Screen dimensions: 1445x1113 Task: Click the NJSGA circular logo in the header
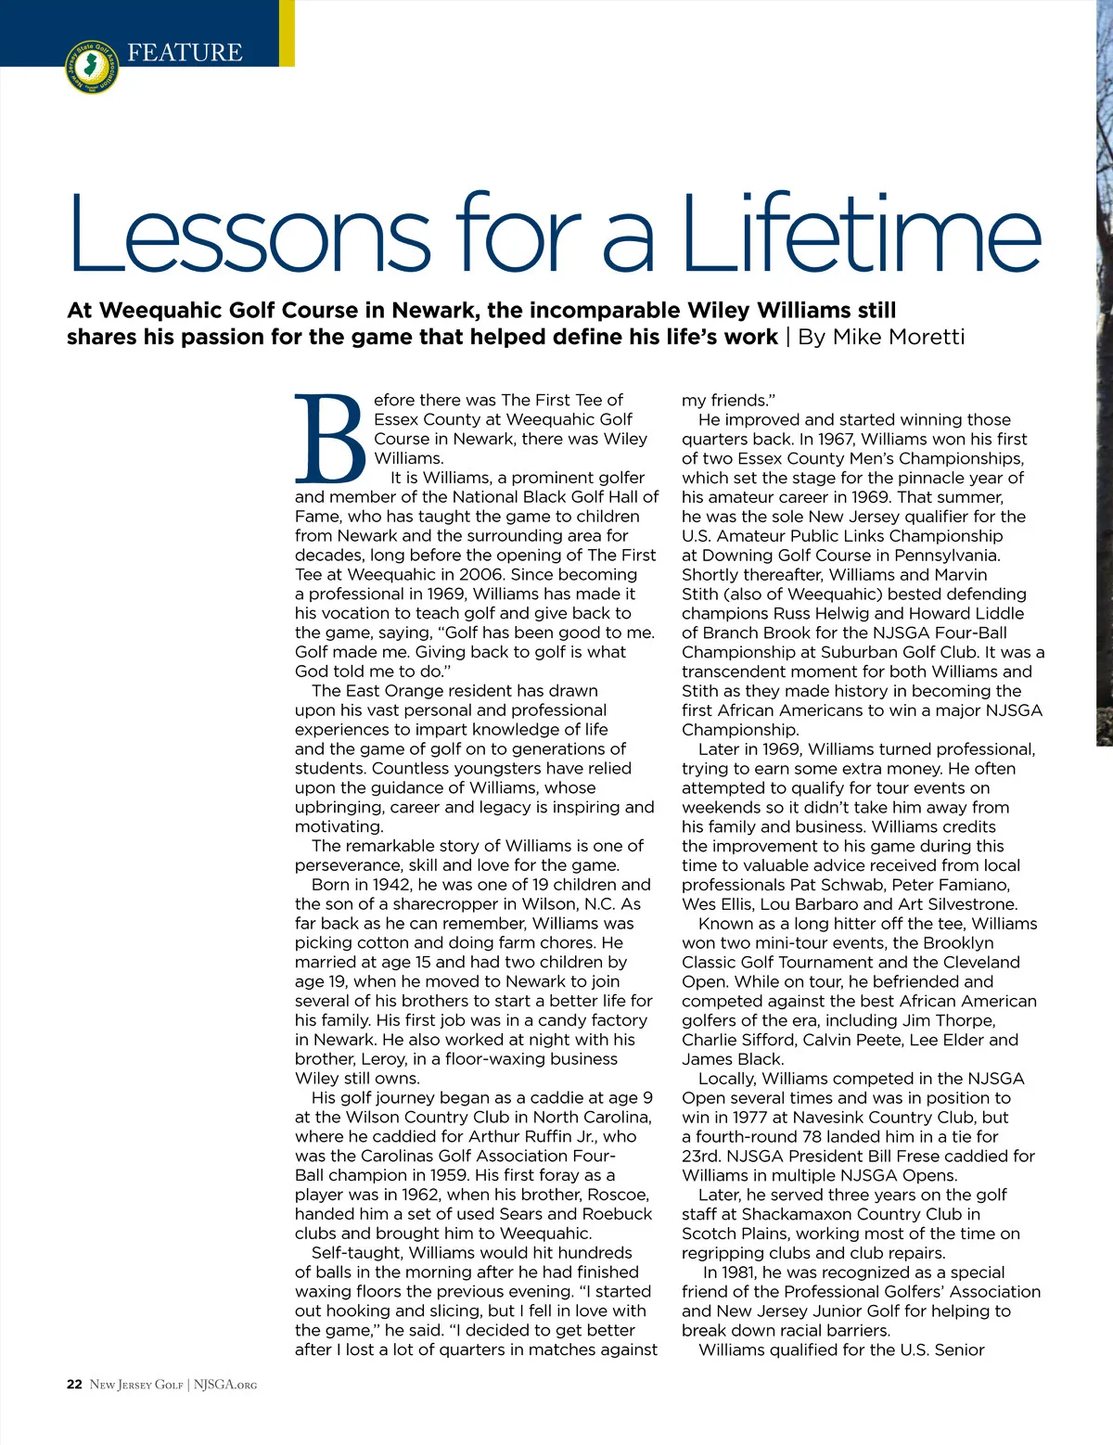92,67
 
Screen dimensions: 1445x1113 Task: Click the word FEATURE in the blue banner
185,53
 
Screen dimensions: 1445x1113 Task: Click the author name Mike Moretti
898,337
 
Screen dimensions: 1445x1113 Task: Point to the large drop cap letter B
330,439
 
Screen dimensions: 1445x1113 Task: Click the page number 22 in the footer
74,1385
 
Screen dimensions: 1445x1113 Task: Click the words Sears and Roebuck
569,1214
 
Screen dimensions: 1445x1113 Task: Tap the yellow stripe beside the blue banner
287,32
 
